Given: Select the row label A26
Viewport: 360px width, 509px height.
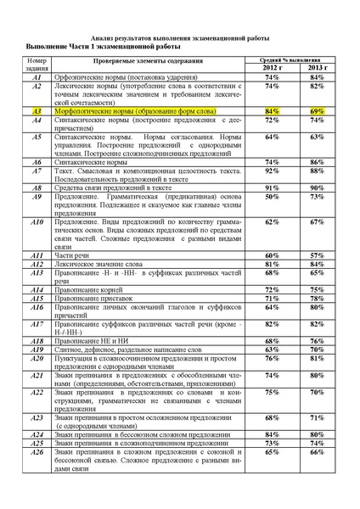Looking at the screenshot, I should [x=37, y=454].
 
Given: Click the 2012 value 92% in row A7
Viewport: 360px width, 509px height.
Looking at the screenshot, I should [x=272, y=171].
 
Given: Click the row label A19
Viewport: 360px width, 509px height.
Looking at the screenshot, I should [x=37, y=349].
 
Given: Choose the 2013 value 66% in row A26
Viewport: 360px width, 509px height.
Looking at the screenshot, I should [x=317, y=454].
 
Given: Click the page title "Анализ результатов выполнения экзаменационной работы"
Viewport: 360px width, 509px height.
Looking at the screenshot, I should [x=179, y=38].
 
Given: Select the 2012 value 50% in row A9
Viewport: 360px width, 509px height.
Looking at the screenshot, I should [x=272, y=196].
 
